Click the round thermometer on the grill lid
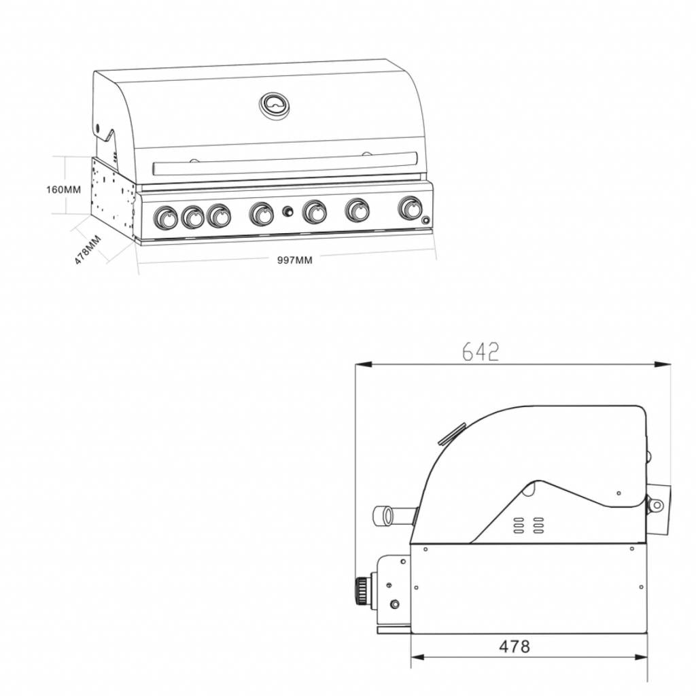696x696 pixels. coord(275,105)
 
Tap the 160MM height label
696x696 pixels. coord(63,190)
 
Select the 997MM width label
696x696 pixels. coord(295,260)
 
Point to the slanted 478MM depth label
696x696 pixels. coord(88,249)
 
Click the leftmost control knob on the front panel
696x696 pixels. coord(165,218)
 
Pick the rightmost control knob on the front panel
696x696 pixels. coord(410,208)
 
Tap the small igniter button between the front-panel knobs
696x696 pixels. coord(288,213)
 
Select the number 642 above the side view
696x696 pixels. coord(481,351)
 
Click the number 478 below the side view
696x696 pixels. coord(515,646)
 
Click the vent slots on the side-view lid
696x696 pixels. coord(528,525)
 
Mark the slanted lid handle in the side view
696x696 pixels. coord(452,434)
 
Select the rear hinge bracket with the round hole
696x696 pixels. coord(657,505)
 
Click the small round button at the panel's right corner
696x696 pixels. coord(425,220)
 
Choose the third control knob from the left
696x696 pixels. coord(219,216)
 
